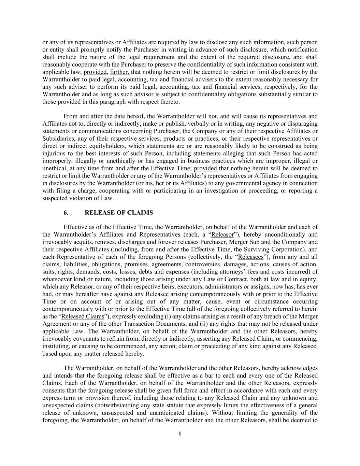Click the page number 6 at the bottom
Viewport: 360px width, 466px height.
click(x=180, y=434)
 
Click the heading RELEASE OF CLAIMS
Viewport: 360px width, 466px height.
click(x=119, y=213)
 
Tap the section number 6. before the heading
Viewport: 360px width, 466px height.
click(x=66, y=213)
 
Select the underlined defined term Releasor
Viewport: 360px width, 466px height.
click(x=222, y=235)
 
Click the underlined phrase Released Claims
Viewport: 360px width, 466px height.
click(x=83, y=316)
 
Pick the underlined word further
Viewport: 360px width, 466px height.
click(x=119, y=72)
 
